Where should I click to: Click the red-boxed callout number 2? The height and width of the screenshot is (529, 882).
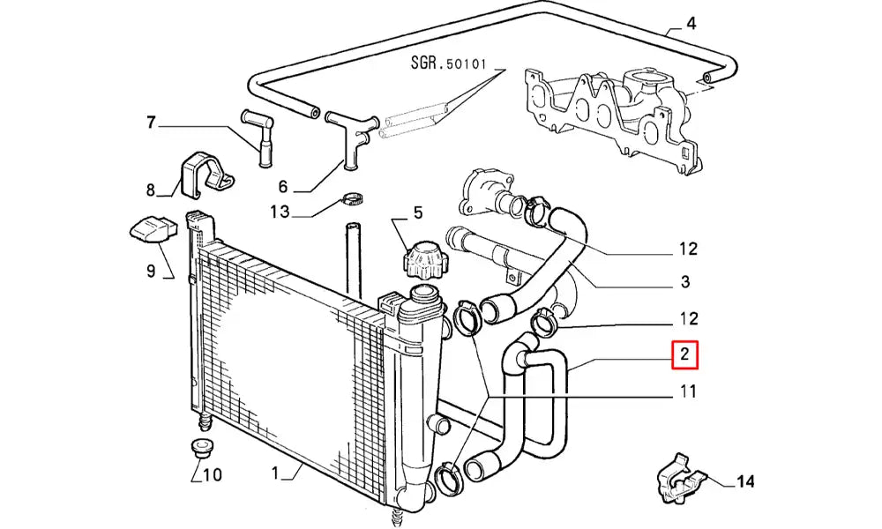click(684, 354)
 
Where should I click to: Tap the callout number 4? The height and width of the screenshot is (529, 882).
click(691, 24)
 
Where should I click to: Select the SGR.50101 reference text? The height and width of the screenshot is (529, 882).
click(448, 63)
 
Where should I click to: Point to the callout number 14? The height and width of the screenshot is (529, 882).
click(745, 481)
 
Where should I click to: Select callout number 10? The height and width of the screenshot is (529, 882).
click(212, 475)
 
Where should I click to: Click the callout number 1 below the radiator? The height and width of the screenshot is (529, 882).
click(275, 474)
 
